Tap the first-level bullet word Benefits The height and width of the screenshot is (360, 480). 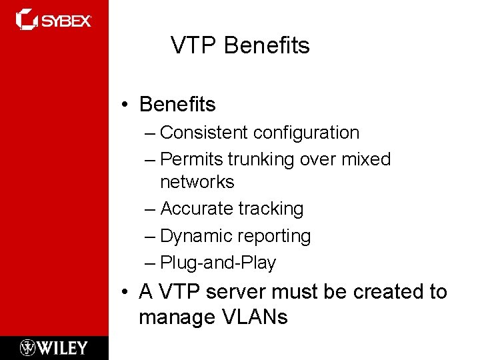(x=177, y=105)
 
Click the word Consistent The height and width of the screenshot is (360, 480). (x=205, y=133)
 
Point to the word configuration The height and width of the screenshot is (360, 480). (x=306, y=133)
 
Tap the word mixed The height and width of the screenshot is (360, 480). (x=366, y=159)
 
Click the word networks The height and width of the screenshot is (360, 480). (x=197, y=182)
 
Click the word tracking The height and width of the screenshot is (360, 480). (x=271, y=209)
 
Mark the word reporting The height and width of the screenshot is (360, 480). (x=275, y=236)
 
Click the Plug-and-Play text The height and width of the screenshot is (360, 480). (x=218, y=263)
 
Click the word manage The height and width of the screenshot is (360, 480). (x=175, y=317)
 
